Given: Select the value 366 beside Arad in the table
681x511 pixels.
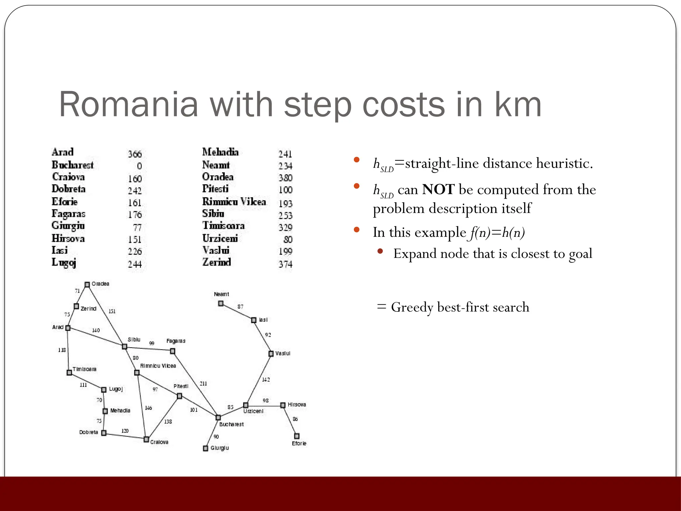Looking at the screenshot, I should [135, 154].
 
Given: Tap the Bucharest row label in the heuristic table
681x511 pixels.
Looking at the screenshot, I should [72, 165].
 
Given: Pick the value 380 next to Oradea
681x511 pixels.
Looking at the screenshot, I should [285, 178].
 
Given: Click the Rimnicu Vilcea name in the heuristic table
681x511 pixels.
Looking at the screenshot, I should [234, 202].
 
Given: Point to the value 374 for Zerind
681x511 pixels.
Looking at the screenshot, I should [285, 264].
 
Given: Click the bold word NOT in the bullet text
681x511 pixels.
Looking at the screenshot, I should [438, 190].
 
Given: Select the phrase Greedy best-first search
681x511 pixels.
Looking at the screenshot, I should [460, 307].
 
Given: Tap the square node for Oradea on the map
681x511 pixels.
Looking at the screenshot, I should [87, 285].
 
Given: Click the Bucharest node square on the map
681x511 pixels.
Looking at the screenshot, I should [218, 418].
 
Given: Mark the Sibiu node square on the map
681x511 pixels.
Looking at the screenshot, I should [124, 347].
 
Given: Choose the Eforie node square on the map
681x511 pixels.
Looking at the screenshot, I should [297, 436].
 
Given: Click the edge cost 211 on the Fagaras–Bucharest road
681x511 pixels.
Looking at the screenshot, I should [203, 384].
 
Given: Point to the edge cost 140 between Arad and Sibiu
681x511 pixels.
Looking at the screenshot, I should [96, 330].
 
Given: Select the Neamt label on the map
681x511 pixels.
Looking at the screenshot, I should [221, 294].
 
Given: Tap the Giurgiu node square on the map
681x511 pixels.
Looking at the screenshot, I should [205, 448].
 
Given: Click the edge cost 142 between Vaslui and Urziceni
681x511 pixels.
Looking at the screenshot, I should [266, 380].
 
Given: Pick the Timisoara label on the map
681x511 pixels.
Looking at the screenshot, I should [84, 369].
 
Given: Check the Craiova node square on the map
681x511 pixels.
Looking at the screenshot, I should [146, 439].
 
